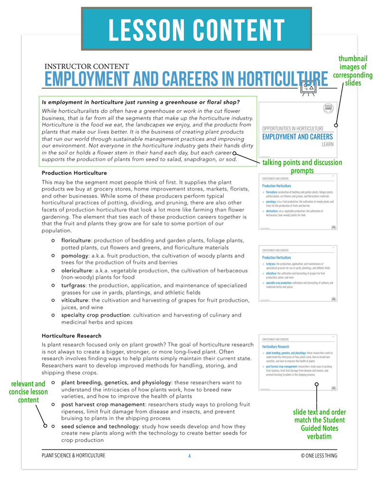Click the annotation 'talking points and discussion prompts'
point(302,166)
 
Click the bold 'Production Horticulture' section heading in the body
point(74,173)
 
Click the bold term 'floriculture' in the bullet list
point(77,240)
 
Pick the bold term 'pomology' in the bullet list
point(75,255)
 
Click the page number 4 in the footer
point(189,456)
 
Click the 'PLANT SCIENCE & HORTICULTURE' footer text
point(74,456)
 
